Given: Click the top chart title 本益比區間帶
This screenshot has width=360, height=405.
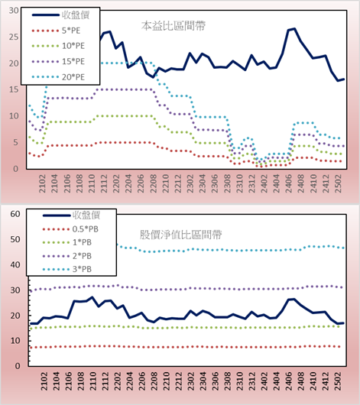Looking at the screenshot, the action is pos(174,26).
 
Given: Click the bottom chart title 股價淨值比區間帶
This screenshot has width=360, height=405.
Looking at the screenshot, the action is pos(180,235).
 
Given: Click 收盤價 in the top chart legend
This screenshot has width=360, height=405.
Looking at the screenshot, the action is pos(76,15).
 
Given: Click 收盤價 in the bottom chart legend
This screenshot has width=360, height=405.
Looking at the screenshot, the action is pos(86,215).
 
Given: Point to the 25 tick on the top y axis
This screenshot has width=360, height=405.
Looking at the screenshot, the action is pos(14,37).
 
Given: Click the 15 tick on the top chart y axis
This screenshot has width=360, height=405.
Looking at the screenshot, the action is pos(14,89).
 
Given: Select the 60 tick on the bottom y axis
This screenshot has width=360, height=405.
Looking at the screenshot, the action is pos(15,214).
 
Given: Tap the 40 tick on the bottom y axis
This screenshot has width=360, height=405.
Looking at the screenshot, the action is pos(15,265).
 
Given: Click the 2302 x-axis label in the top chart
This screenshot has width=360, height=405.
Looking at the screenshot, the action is pos(190,183).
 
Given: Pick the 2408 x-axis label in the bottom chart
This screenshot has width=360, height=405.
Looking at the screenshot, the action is pos(301,381).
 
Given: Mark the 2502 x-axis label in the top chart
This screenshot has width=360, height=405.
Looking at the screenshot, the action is pos(338,183).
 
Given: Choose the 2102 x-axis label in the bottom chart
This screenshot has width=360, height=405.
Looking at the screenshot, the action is pos(44,381).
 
